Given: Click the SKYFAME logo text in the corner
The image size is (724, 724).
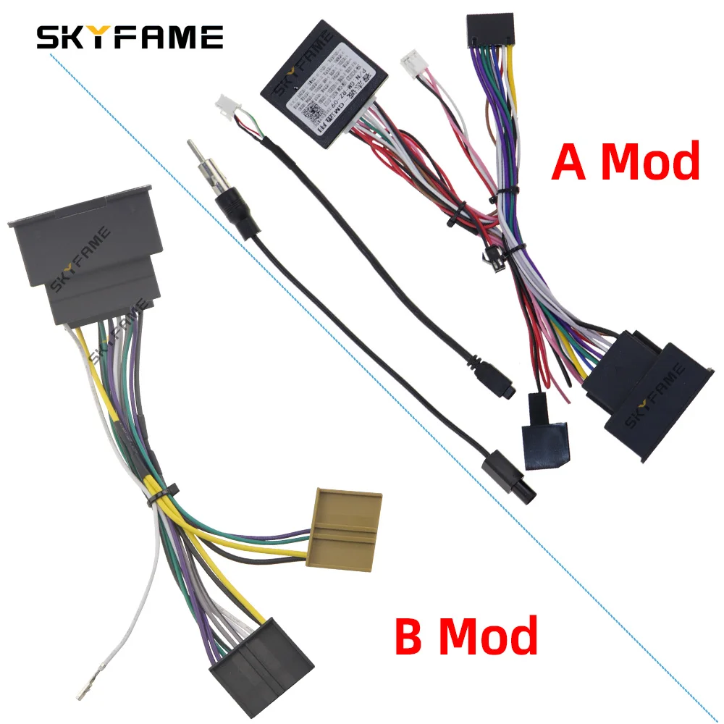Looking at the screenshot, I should [x=130, y=37].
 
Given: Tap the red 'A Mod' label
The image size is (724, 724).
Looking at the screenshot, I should [x=626, y=161].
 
